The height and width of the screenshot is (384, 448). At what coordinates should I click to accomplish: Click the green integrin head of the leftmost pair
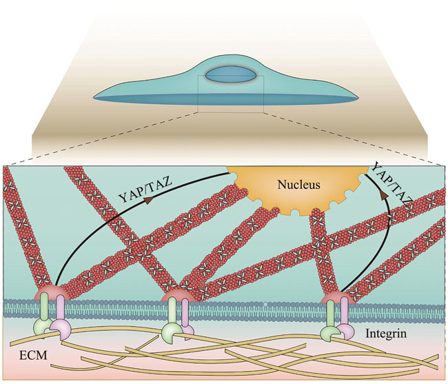click(x=39, y=325)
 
